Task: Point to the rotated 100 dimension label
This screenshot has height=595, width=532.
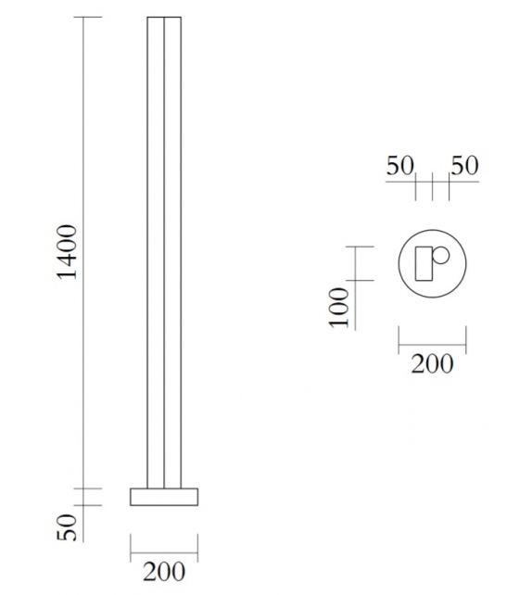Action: pyautogui.click(x=339, y=308)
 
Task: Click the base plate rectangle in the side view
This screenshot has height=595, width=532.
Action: pyautogui.click(x=164, y=496)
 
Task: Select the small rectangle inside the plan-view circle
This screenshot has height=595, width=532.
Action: pyautogui.click(x=425, y=264)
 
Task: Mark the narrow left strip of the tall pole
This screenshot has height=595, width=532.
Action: pyautogui.click(x=155, y=250)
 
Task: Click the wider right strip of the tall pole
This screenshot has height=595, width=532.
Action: pyautogui.click(x=172, y=250)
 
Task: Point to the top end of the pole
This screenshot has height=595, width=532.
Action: pyautogui.click(x=164, y=18)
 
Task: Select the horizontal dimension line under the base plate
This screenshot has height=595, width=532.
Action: pyautogui.click(x=164, y=546)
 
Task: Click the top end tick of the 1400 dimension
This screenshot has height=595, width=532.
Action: pyautogui.click(x=86, y=18)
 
